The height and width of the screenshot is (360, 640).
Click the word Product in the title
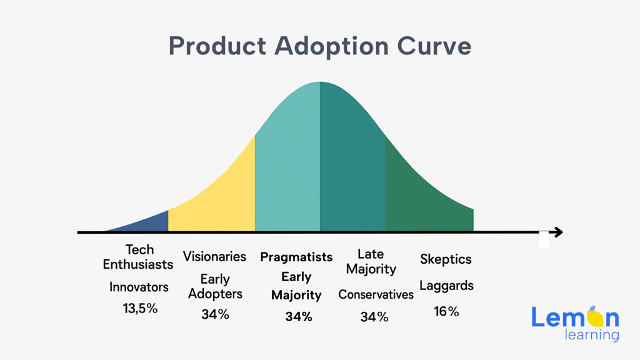point(217,46)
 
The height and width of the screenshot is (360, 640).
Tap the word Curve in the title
point(434,46)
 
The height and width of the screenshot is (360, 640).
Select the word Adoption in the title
point(331,47)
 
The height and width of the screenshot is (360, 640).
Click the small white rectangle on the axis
point(544,239)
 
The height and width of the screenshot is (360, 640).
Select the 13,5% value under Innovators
point(140,309)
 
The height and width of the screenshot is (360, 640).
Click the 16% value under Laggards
point(446,311)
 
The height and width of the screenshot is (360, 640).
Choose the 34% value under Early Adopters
point(215,314)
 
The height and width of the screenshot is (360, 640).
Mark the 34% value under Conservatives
point(374,317)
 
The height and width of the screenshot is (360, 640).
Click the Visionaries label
point(215,256)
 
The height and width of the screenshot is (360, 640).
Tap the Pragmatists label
point(296,257)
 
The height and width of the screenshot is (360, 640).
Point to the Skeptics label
point(446,259)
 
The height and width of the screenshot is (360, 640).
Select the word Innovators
point(139,287)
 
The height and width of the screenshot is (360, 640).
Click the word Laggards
point(446,286)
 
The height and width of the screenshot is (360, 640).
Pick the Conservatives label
point(376,294)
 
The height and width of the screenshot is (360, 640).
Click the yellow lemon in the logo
point(595,317)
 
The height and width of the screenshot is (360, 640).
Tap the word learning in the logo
point(592,336)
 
